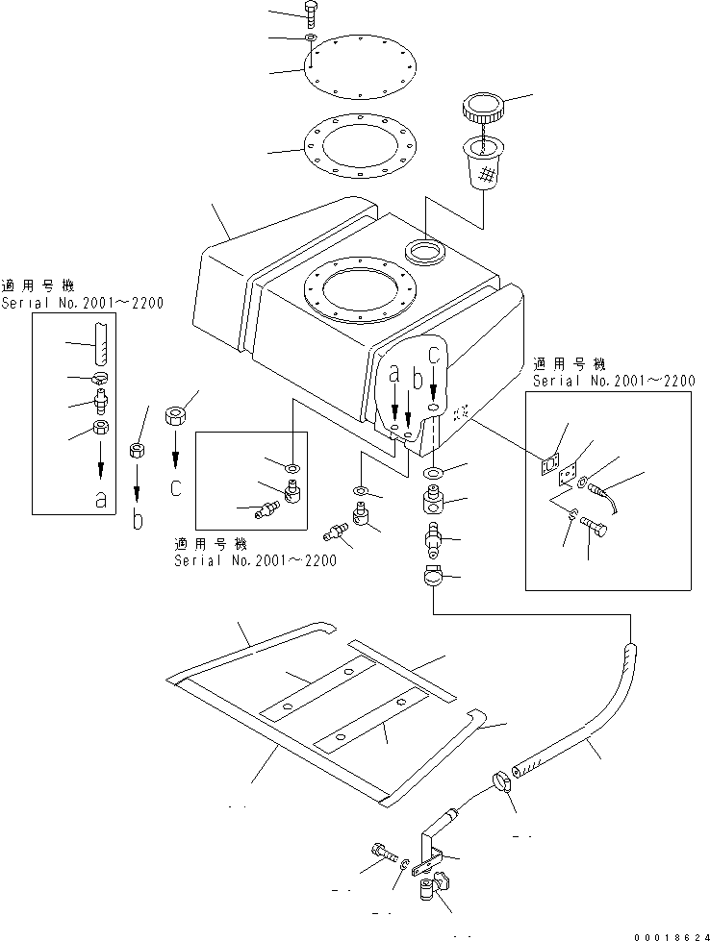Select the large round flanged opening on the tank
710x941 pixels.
pyautogui.click(x=359, y=287)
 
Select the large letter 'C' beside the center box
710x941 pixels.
pyautogui.click(x=175, y=488)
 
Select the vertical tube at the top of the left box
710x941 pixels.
pyautogui.click(x=99, y=338)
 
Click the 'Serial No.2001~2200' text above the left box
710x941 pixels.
pyautogui.click(x=82, y=303)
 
